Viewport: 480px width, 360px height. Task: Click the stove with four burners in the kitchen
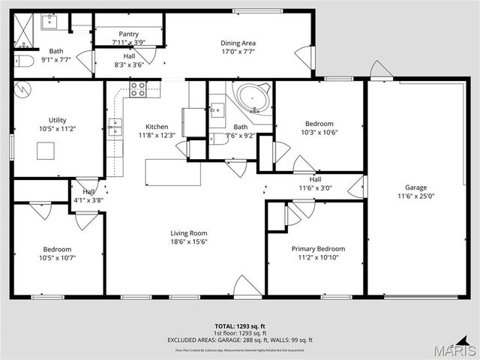tap(138, 89)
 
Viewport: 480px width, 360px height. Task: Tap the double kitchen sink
tap(115, 125)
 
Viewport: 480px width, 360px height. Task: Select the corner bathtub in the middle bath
tap(251, 98)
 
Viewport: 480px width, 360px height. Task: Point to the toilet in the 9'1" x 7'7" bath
tap(22, 61)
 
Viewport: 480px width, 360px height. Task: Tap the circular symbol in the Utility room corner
tap(23, 89)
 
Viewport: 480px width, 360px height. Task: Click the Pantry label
tap(129, 34)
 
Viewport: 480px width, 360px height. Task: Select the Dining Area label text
tap(238, 43)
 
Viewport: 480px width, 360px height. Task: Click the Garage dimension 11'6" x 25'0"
tap(415, 196)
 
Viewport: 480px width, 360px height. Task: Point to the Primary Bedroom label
tap(318, 248)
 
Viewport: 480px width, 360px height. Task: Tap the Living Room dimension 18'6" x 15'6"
tap(188, 242)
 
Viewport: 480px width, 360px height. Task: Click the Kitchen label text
tap(157, 127)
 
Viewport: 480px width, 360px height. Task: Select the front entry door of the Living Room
tap(246, 286)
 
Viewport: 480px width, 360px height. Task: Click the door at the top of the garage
tap(381, 70)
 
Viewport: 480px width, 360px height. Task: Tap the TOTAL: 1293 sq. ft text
tap(240, 326)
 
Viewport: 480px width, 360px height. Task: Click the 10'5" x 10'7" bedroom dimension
tap(57, 258)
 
